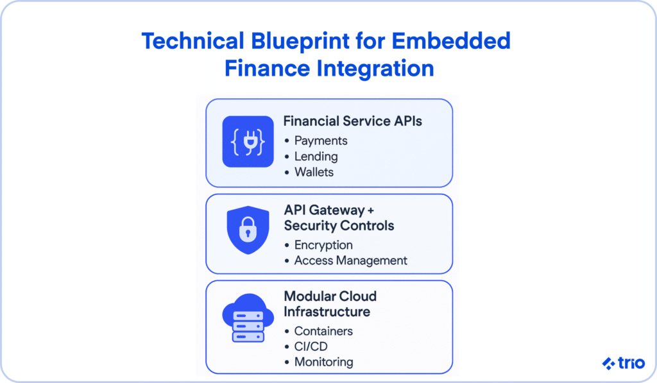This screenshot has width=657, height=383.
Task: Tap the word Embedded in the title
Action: (x=451, y=41)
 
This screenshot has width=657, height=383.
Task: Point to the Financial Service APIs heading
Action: (x=352, y=121)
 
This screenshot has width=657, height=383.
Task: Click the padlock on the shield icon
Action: (x=248, y=230)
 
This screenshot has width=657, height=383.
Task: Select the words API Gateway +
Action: (x=329, y=210)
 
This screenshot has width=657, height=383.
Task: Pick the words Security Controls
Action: (x=339, y=225)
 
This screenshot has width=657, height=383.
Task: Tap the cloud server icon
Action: (x=248, y=318)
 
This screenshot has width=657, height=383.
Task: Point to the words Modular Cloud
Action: (x=330, y=296)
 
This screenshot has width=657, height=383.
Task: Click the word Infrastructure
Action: (x=327, y=312)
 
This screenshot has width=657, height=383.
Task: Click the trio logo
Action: (x=624, y=363)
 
